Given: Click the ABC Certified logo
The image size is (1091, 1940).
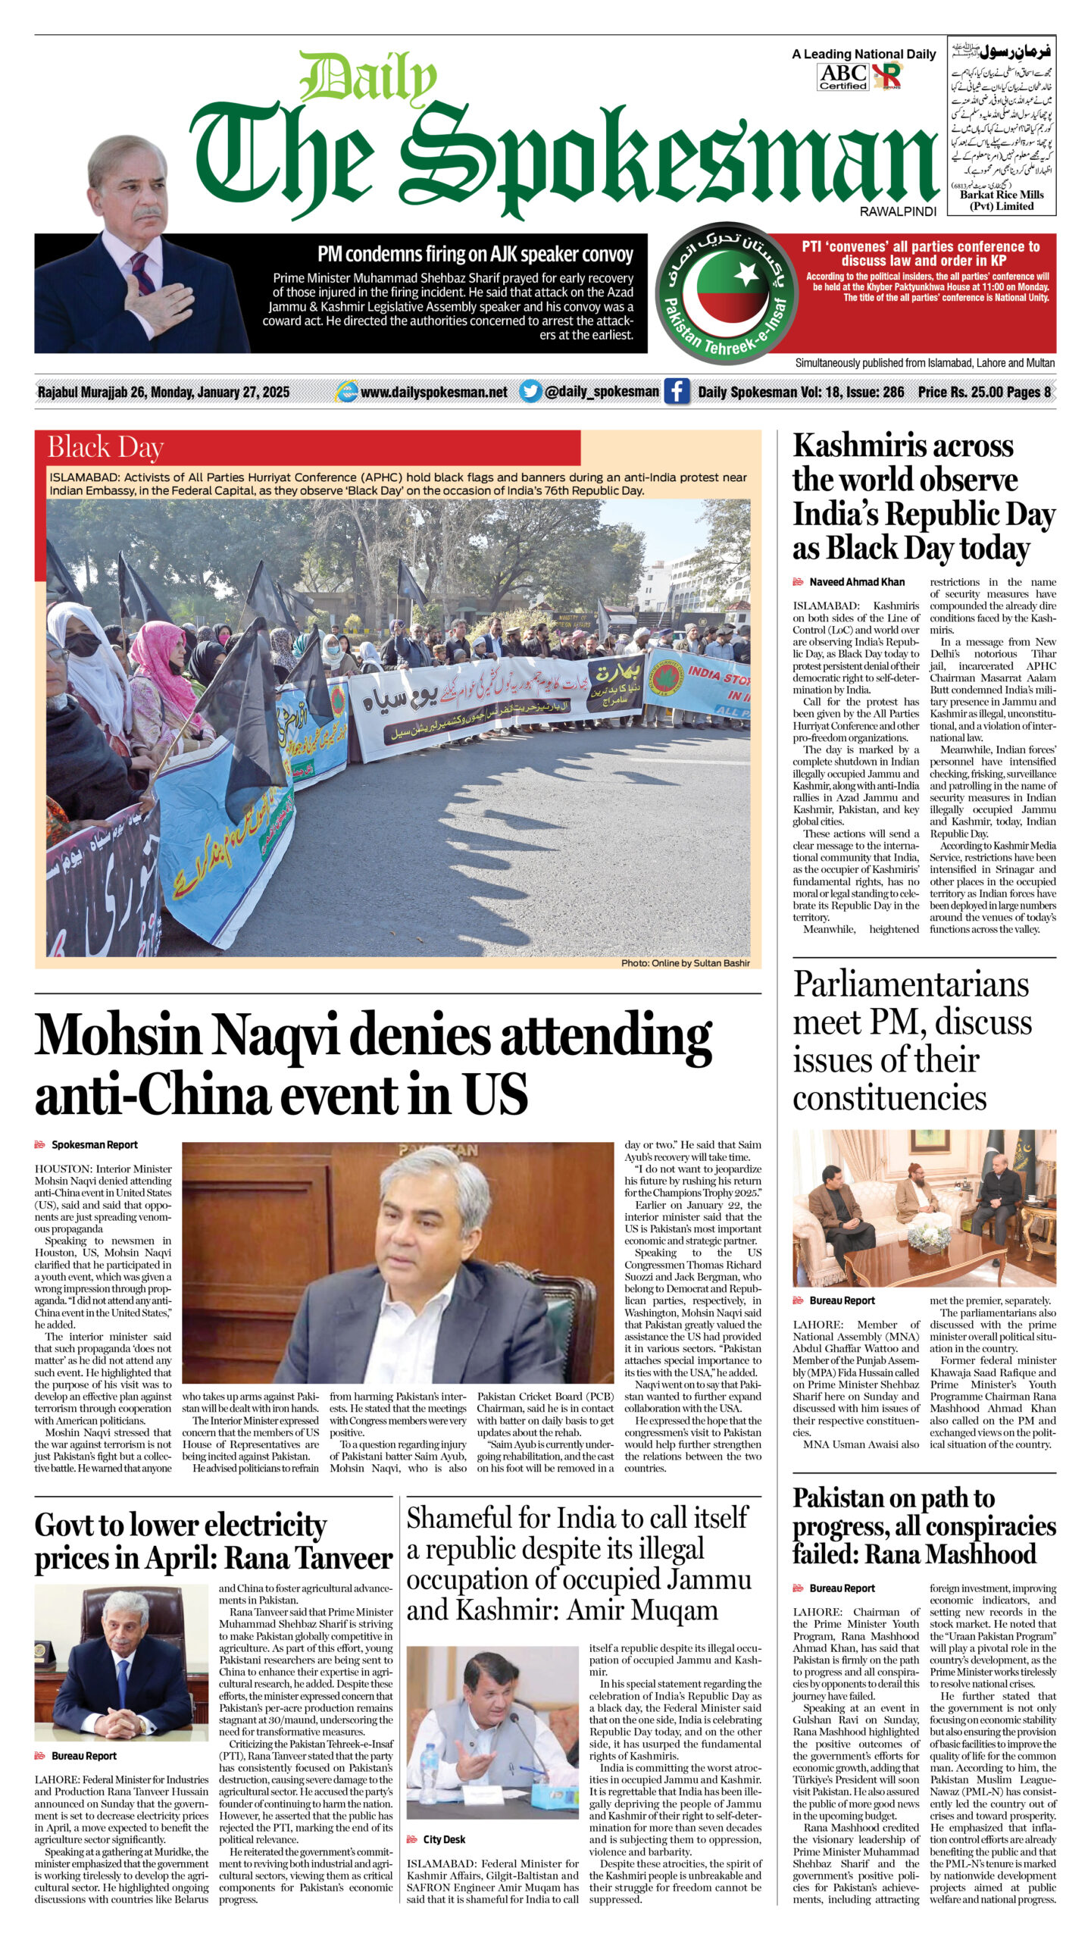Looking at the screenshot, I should point(842,77).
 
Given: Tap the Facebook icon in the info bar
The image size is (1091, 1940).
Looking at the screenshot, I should point(677,392).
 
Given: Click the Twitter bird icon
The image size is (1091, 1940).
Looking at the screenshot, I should point(530,392).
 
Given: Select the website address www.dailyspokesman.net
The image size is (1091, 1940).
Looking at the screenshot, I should point(433,392).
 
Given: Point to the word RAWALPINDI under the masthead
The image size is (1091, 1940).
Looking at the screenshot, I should point(898,212).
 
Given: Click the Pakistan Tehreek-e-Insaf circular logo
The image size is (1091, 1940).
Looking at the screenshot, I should point(727,290).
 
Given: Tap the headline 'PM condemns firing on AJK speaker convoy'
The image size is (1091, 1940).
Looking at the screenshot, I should point(475,254).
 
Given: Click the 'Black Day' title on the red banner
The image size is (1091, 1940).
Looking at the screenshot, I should point(105,448).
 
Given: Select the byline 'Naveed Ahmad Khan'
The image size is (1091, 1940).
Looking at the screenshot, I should point(856,582).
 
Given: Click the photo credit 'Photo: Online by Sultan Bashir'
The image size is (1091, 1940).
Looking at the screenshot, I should point(685,963).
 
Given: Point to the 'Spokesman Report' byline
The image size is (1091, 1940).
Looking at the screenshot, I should point(94,1144).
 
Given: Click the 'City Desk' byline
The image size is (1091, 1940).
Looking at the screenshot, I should point(444,1839).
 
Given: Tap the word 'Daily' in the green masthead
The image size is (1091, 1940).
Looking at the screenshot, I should point(367,78).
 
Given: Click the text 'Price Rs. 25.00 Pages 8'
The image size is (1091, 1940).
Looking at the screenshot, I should point(984,392).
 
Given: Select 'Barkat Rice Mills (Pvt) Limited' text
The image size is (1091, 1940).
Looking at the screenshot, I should point(1001,200).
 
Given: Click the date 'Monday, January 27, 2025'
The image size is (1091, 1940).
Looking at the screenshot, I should point(220,392).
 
